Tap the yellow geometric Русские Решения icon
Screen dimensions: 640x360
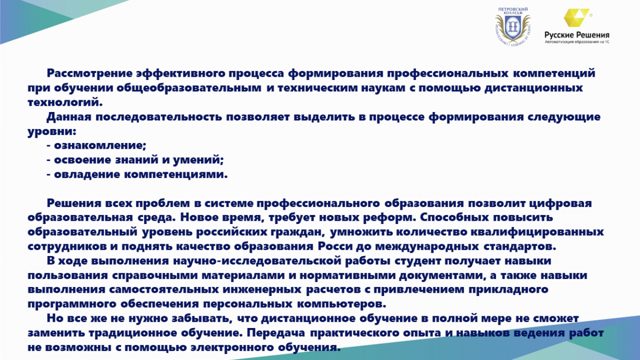(x=577, y=18)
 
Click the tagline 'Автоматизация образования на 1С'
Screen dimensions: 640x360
(x=577, y=42)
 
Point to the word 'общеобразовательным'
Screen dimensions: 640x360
(x=189, y=88)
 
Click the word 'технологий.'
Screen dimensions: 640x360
(x=65, y=102)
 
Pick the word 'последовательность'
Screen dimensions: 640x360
(x=158, y=117)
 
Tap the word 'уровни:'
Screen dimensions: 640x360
(x=52, y=132)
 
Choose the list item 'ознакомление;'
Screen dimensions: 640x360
(x=100, y=146)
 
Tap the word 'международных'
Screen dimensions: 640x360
(x=427, y=246)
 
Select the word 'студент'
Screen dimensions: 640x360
(x=418, y=261)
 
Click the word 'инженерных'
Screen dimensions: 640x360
(x=262, y=290)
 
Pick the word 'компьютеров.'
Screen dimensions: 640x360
(x=342, y=304)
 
